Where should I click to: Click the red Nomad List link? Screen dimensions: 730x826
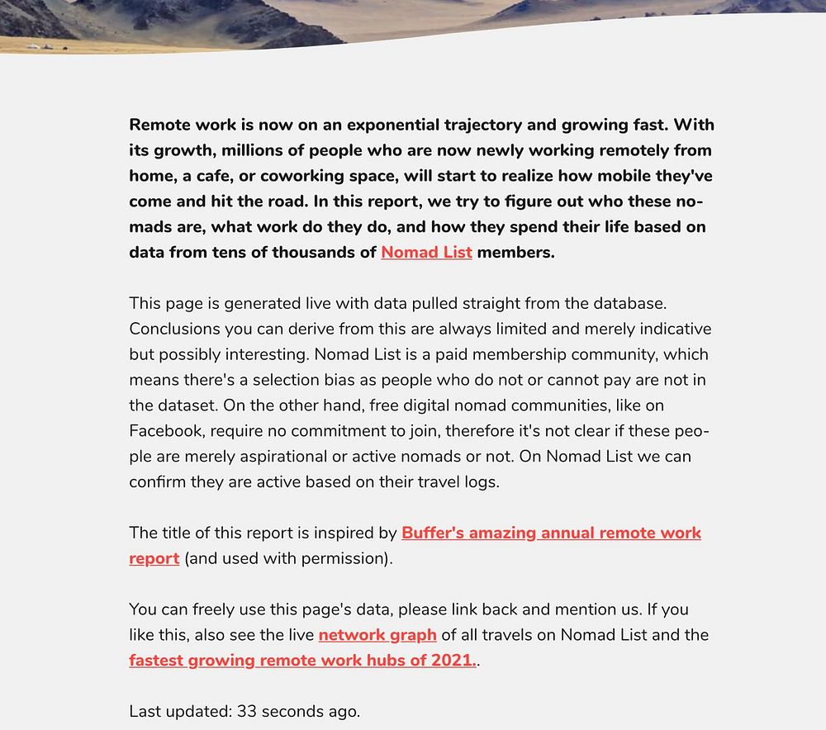(x=426, y=252)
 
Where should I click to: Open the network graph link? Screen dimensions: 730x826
(x=377, y=634)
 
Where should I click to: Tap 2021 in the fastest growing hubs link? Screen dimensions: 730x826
(x=453, y=660)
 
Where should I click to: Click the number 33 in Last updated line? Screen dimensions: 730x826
(x=247, y=710)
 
